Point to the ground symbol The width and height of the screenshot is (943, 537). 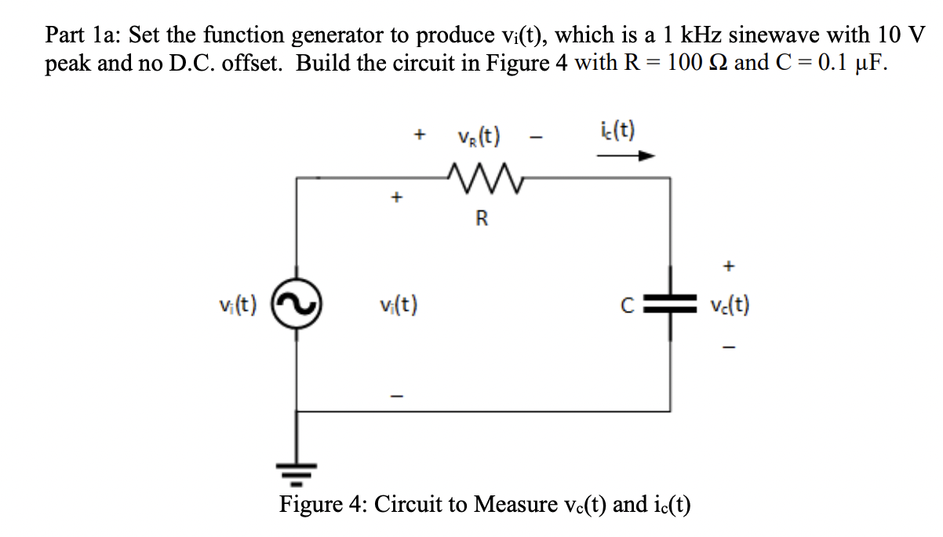297,471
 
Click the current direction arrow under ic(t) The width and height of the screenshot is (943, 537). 624,156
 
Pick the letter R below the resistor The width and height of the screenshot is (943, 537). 481,219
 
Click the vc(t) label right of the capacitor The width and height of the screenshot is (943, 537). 729,305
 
